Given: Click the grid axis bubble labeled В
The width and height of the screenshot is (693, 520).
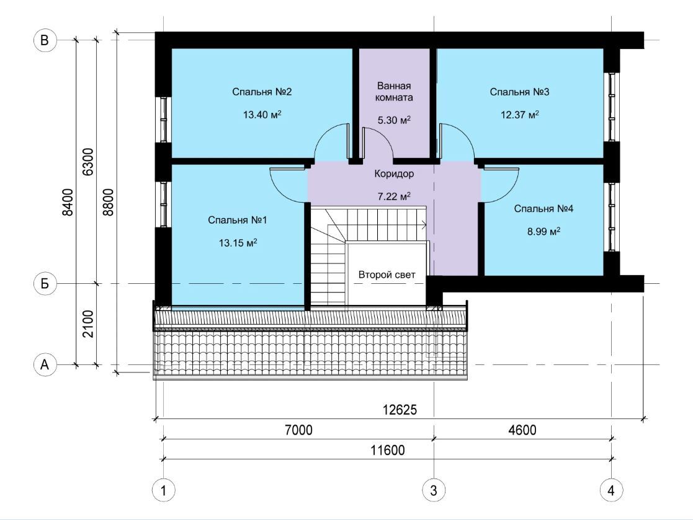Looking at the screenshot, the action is coord(45,40).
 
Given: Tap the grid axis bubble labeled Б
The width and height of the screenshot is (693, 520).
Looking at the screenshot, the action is coord(45,283).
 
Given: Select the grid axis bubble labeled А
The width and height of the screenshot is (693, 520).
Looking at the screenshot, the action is coord(45,365).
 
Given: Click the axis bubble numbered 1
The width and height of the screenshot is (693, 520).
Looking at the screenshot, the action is coord(164,490).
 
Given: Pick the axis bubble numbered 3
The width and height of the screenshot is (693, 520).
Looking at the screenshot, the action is coord(434,490).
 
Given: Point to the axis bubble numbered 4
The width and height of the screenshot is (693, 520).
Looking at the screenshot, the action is coord(611,490).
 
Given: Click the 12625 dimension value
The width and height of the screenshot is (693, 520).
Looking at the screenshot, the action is coord(400,410).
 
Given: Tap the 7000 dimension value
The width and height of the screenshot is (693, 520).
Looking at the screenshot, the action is coord(298,430).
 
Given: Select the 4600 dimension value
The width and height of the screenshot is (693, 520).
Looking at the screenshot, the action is coord(522,430).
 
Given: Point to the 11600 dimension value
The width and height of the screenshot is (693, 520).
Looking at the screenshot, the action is coord(388,450).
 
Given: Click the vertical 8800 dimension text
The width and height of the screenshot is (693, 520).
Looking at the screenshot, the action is coord(109,202).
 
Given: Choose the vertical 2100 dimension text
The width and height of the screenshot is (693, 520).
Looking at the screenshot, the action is coord(88,324).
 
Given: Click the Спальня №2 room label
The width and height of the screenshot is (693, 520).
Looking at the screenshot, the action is coord(262,92).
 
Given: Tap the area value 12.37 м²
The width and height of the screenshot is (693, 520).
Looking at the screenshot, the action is coord(520,115).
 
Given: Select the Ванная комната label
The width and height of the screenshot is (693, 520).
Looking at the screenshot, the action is coord(394,91).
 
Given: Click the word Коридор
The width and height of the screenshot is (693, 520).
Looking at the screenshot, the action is coord(394,174).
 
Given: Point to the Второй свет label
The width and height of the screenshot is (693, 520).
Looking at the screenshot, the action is coord(387,275).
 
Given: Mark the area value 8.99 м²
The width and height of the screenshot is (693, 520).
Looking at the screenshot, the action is coord(543,231).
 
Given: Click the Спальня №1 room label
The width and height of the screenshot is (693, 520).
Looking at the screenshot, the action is coord(238,220).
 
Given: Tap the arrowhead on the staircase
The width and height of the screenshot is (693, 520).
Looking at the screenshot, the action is coord(424,225).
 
